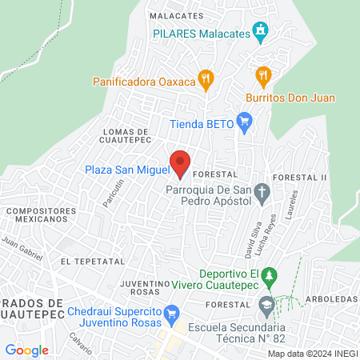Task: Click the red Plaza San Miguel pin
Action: point(181,163)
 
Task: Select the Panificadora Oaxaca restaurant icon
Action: point(207,80)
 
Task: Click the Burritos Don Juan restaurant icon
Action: point(262,78)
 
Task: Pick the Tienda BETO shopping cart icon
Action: point(245,123)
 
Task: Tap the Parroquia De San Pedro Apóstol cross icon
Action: point(263,190)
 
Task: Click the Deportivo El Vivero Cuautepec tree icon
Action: point(270,274)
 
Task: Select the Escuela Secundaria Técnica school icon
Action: point(265,305)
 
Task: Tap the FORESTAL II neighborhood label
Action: point(301,176)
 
